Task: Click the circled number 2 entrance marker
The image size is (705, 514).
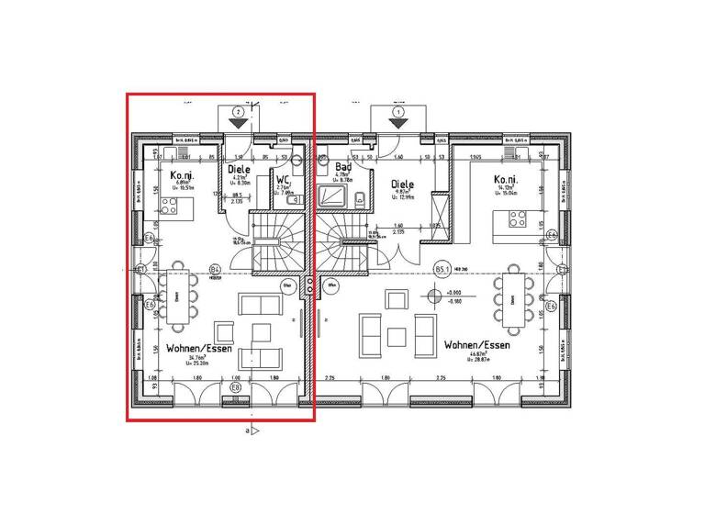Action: [238, 111]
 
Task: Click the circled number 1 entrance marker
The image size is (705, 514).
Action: [397, 111]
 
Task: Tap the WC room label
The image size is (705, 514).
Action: [284, 180]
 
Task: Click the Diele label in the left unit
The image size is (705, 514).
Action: [240, 170]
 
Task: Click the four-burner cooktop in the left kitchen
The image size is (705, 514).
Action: [171, 208]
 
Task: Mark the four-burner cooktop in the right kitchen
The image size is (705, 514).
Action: [516, 218]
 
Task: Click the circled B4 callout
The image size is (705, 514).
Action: [215, 270]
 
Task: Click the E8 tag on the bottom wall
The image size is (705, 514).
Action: [236, 388]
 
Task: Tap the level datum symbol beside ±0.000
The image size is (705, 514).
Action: [431, 296]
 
